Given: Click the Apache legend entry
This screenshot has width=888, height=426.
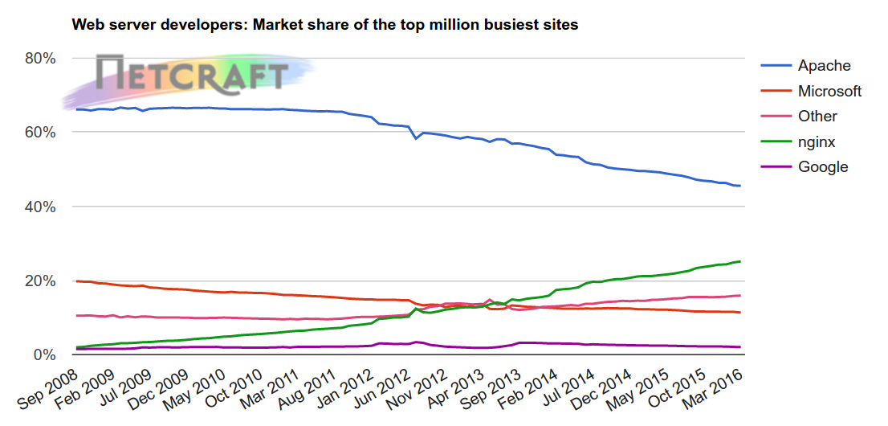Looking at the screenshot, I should coord(824,66).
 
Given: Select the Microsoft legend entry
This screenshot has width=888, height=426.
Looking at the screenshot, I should coord(829,91).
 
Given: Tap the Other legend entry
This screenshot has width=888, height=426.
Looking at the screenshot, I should coord(817,117).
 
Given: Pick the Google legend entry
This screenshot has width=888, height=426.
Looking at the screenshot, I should coord(822,167).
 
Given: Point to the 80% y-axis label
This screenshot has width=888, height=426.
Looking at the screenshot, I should coord(39,59).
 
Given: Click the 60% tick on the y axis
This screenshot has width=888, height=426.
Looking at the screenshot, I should coord(39,133).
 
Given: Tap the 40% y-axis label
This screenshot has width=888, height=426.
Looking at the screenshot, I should coord(39,207).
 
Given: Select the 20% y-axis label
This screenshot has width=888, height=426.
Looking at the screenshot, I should coord(39,281).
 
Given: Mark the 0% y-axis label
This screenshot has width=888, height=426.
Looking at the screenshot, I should coord(43,354).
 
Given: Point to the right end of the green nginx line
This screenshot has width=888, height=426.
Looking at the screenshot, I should coord(739,261).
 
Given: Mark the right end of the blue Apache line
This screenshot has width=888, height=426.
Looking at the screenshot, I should coord(739,186).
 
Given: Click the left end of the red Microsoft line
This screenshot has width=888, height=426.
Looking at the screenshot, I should coord(77,281).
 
